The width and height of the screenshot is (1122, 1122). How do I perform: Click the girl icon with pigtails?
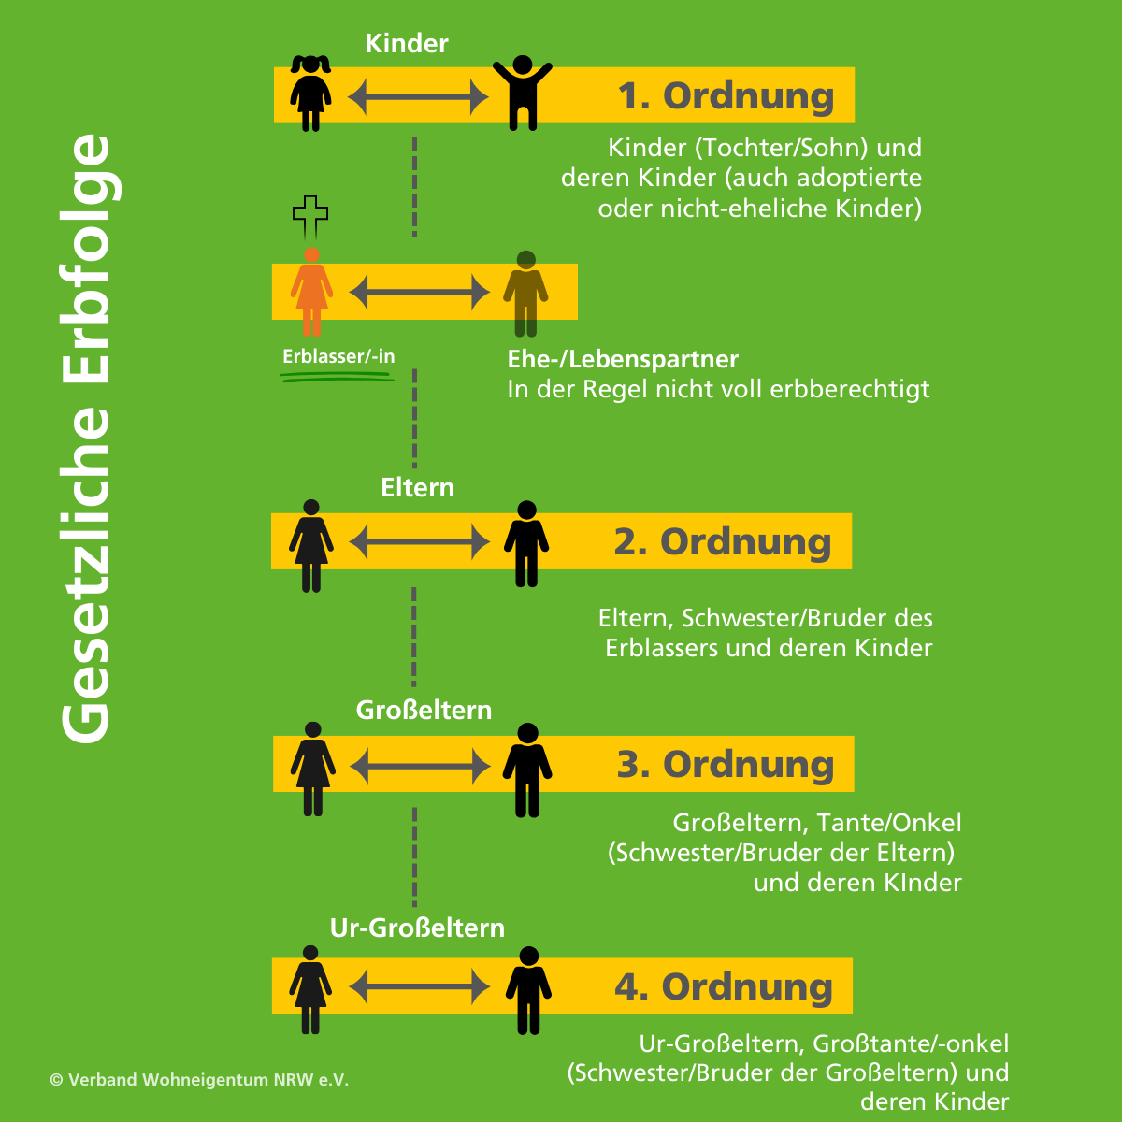[311, 93]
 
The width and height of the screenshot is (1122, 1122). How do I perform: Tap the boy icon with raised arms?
[523, 93]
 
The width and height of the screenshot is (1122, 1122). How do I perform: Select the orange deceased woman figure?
[312, 293]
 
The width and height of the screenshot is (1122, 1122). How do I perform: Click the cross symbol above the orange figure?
[310, 215]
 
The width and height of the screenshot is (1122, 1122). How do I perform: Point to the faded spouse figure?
[525, 294]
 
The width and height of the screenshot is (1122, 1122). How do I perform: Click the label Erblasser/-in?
[338, 355]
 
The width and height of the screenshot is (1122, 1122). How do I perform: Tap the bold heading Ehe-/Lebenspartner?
[623, 359]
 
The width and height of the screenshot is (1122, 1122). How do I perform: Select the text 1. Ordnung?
[726, 95]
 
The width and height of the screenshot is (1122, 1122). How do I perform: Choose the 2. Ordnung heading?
[723, 542]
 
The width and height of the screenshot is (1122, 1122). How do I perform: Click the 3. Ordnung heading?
[726, 764]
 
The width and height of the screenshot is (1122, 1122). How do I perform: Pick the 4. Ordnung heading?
[724, 986]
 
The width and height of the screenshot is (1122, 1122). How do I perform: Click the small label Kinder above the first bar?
[407, 44]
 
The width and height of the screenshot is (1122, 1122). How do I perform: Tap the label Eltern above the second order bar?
[417, 488]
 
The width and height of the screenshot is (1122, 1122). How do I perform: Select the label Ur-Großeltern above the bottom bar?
[417, 928]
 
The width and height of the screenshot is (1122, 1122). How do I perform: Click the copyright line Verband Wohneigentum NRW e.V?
[199, 1080]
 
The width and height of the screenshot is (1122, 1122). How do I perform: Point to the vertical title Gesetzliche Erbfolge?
[87, 439]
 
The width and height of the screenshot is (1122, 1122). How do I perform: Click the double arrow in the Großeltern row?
[420, 766]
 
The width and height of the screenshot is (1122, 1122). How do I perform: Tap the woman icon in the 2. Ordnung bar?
[311, 545]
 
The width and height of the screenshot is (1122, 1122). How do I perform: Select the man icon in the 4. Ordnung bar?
[528, 990]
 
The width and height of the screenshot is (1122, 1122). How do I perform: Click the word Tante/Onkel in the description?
[889, 823]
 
